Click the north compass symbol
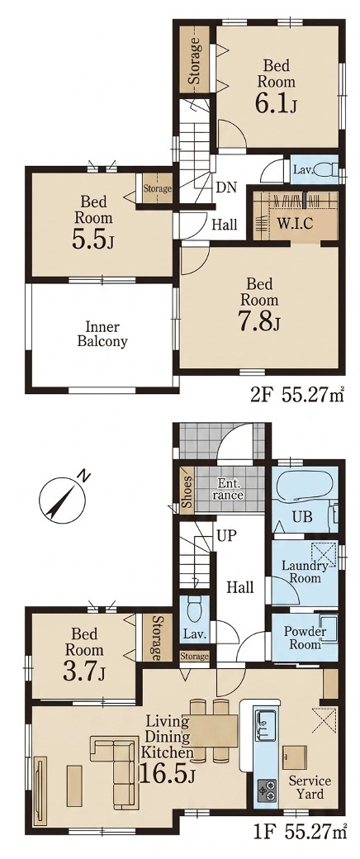[61, 497]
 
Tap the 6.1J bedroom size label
[276, 103]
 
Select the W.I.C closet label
[294, 224]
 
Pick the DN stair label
[225, 187]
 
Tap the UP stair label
[225, 534]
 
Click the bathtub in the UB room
[301, 487]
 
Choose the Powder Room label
[306, 637]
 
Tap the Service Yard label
[310, 786]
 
